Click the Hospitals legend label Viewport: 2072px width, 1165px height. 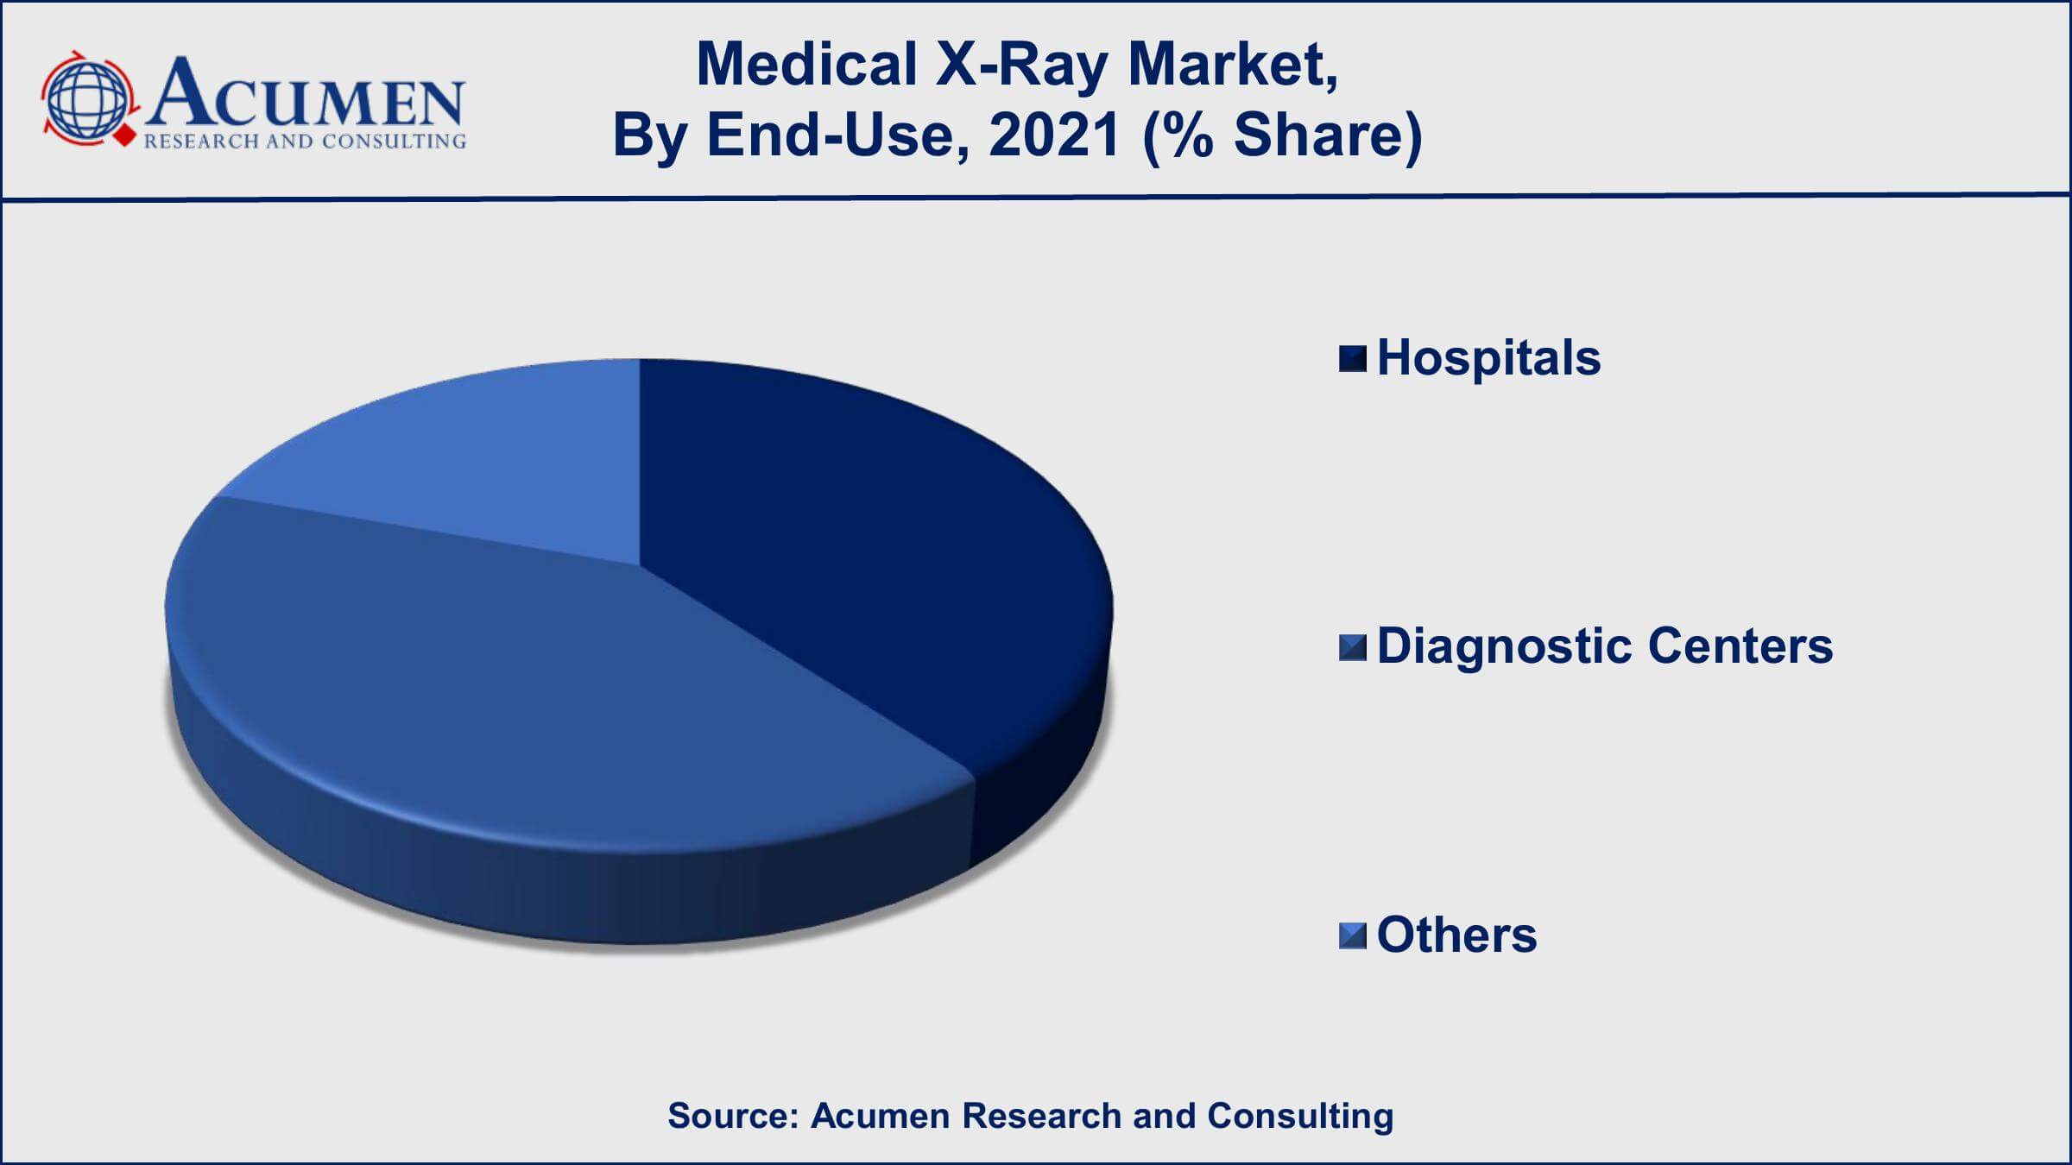click(1488, 358)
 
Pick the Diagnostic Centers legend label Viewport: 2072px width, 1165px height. click(1604, 646)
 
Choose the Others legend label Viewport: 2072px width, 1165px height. click(1456, 935)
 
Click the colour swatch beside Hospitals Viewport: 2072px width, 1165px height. click(1353, 359)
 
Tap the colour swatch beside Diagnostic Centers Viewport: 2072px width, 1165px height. click(1353, 647)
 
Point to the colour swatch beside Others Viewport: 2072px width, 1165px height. click(1353, 935)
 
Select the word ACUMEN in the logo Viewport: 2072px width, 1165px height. click(306, 93)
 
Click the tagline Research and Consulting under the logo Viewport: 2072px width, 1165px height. click(305, 142)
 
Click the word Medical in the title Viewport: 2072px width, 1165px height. click(806, 65)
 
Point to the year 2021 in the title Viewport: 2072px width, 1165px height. click(1054, 135)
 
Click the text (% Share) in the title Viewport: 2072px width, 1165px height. click(1282, 136)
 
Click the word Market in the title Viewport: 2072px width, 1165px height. click(1234, 66)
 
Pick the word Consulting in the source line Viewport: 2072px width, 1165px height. click(1300, 1117)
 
